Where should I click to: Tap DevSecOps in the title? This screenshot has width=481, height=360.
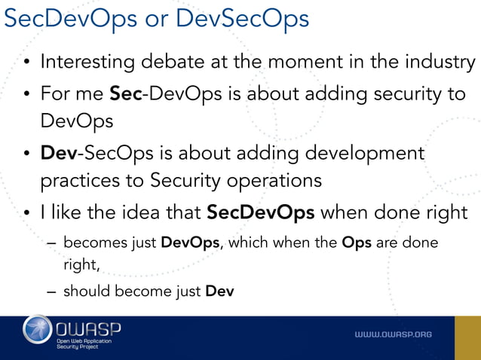242,19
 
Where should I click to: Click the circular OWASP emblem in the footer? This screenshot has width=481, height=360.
38,331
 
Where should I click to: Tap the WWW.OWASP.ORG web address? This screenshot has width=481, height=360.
394,334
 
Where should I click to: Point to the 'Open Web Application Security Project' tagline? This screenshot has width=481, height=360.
84,344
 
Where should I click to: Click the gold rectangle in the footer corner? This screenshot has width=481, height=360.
467,337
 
